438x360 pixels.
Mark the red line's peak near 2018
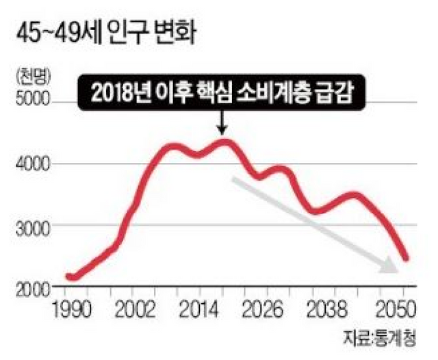[x=224, y=142]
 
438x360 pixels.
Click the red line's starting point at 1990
[x=69, y=277]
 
